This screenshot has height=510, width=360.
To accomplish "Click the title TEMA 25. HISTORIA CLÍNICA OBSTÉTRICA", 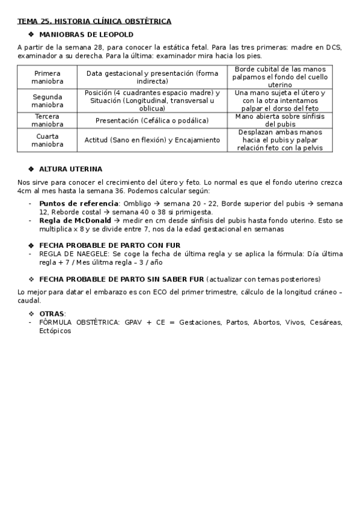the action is (94, 22).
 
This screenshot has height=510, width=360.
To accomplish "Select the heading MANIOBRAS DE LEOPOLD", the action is (86, 35).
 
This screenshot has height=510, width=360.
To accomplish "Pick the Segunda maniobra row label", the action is (47, 100).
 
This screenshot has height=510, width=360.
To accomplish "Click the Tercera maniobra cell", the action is (47, 120).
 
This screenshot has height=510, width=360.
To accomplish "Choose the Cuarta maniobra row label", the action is (47, 140).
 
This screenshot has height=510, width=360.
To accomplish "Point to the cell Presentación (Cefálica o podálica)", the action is (152, 120).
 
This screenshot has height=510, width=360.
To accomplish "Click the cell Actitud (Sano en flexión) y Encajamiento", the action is (152, 140).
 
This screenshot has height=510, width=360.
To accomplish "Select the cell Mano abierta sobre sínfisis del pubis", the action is (279, 120).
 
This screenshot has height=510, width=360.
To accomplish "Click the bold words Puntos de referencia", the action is (78, 203).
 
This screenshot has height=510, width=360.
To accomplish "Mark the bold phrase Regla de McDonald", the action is (75, 220).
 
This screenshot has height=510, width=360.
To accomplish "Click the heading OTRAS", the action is (52, 314).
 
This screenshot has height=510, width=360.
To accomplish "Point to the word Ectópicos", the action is (55, 331).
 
